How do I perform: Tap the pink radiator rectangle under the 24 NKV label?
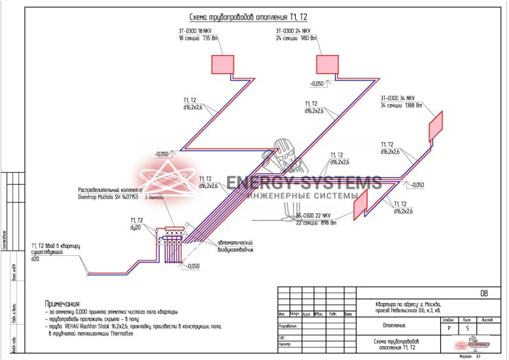[x=328, y=64]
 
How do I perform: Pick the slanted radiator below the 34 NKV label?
[x=435, y=126]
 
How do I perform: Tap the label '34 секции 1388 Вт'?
[x=402, y=105]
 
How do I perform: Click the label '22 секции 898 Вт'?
[x=316, y=223]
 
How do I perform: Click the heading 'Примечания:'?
[x=62, y=304]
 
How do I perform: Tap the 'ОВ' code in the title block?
[x=484, y=293]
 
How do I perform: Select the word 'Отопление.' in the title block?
[x=391, y=325]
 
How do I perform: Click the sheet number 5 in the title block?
[x=466, y=329]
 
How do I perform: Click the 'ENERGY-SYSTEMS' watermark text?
[x=304, y=183]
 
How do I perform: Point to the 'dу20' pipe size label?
[x=136, y=227]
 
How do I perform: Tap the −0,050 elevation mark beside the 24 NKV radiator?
[x=317, y=83]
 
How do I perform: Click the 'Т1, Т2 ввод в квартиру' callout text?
[x=56, y=246]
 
